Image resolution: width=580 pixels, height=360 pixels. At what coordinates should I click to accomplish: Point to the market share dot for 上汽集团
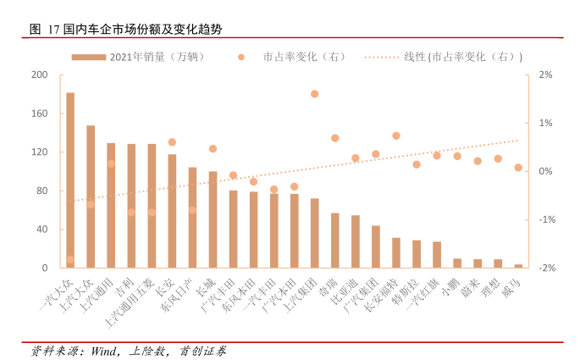coord(315,94)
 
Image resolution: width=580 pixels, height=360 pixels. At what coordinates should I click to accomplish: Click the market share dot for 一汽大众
coord(70,260)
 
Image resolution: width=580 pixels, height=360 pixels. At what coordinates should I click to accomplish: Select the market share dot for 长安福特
coord(396,136)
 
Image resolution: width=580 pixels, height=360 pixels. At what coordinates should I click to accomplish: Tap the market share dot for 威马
coord(518,168)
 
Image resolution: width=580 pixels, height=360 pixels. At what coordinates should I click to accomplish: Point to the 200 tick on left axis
coord(39,75)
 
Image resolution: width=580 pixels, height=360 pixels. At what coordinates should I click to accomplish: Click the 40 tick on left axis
coord(42,230)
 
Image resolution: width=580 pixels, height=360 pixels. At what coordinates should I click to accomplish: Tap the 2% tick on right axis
coord(546,75)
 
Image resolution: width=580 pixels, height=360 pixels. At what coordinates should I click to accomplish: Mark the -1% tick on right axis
coord(546,219)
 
